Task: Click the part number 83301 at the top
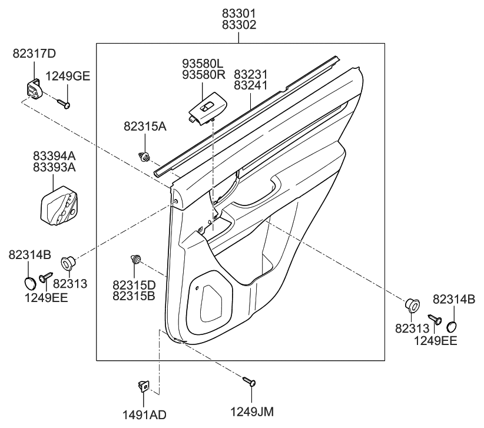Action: click(x=238, y=12)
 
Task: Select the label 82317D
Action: click(x=34, y=54)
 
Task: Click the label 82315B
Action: click(x=134, y=295)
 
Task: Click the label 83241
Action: click(x=251, y=85)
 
